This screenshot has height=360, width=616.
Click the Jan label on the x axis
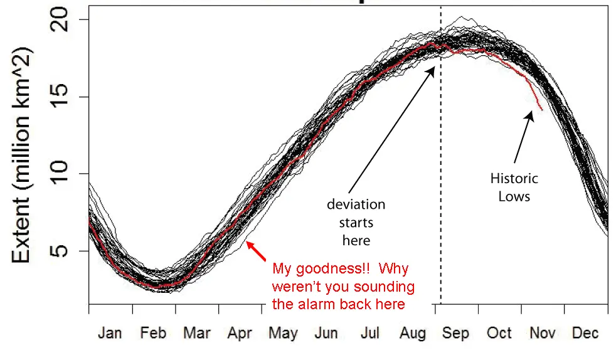click(110, 332)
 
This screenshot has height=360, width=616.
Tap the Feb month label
click(153, 332)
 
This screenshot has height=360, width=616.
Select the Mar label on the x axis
click(196, 332)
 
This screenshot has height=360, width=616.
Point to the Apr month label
click(240, 332)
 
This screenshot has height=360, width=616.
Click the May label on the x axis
click(283, 333)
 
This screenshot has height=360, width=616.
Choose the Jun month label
click(326, 332)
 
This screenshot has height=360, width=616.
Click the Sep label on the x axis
click(455, 333)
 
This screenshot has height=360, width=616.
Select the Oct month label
click(499, 332)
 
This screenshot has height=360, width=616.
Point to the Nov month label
click(542, 332)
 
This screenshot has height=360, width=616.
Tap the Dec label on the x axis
click(585, 332)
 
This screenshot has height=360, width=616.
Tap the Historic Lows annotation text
click(514, 188)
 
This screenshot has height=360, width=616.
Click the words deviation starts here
click(356, 223)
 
